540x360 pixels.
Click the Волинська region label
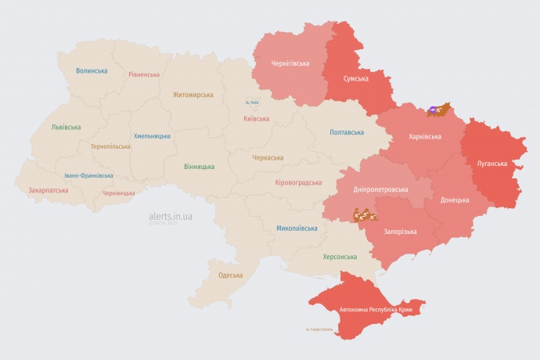pyautogui.click(x=92, y=71)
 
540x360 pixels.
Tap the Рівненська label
pyautogui.click(x=144, y=74)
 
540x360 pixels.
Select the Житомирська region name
pyautogui.click(x=193, y=95)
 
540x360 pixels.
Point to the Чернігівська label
pyautogui.click(x=290, y=63)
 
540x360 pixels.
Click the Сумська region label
pyautogui.click(x=357, y=79)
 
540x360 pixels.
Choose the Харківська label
pyautogui.click(x=424, y=136)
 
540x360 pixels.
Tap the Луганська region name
pyautogui.click(x=492, y=164)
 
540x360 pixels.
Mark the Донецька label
pyautogui.click(x=455, y=200)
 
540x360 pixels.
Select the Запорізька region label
pyautogui.click(x=400, y=232)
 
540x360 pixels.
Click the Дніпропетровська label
pyautogui.click(x=380, y=190)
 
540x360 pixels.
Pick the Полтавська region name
pyautogui.click(x=347, y=132)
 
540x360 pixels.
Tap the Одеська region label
pyautogui.click(x=230, y=275)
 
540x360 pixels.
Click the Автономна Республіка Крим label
pyautogui.click(x=376, y=310)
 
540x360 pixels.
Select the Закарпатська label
pyautogui.click(x=48, y=190)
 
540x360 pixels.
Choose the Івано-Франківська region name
pyautogui.click(x=88, y=176)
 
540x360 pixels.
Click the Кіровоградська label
pyautogui.click(x=298, y=182)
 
